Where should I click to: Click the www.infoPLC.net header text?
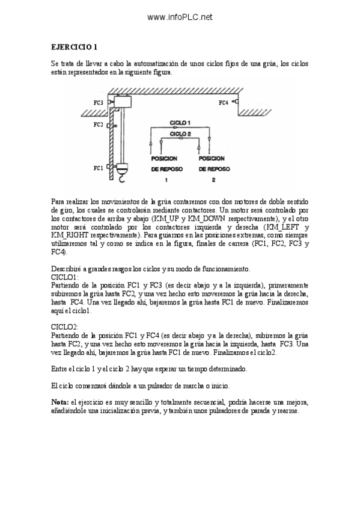pos(180,17)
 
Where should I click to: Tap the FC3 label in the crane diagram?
pos(98,103)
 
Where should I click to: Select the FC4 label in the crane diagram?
pos(223,103)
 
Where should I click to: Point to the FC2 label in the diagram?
pos(98,125)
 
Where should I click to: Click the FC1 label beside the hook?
pos(98,168)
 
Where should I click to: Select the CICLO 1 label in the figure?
pos(180,122)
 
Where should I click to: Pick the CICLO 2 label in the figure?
pos(180,134)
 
